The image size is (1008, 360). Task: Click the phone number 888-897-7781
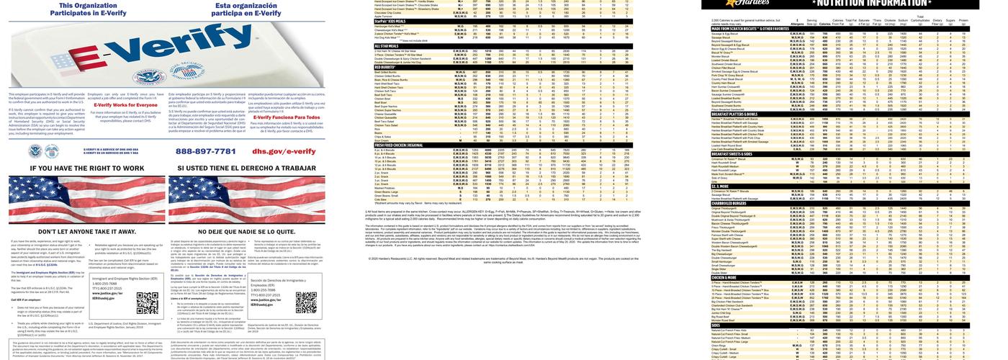click(206, 151)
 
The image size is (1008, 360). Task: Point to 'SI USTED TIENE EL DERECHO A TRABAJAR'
click(248, 168)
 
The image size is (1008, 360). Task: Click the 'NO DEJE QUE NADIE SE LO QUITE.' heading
click(248, 232)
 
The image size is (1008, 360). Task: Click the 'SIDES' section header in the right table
click(717, 325)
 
